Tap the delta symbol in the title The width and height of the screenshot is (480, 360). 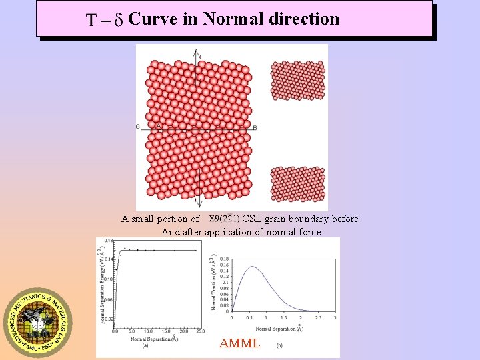[x=117, y=20]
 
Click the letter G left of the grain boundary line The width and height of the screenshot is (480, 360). [x=138, y=127]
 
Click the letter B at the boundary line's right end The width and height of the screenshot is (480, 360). [x=255, y=128]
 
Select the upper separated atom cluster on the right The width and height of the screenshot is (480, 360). [x=297, y=80]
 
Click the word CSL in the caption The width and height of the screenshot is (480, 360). [x=252, y=219]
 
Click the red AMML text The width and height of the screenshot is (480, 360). [x=239, y=344]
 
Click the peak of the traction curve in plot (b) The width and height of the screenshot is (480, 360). [x=252, y=267]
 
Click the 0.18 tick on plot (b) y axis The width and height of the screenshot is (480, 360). [x=224, y=258]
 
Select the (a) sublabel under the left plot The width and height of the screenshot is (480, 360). [x=145, y=345]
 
